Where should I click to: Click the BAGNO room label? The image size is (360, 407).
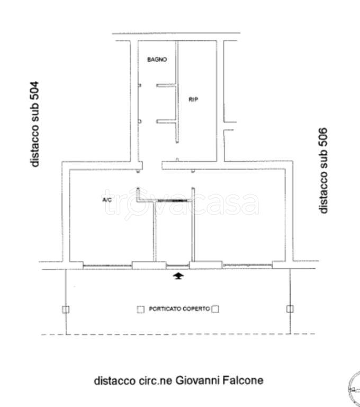[157, 59]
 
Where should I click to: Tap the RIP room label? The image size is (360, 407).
[193, 99]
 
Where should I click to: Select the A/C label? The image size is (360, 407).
[107, 200]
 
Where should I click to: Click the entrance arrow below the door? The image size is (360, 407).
[178, 276]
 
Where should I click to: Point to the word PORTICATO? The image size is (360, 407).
[165, 309]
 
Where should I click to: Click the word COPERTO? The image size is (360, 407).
[196, 309]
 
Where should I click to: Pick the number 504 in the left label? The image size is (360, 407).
[34, 91]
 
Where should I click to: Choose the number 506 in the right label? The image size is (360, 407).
[322, 137]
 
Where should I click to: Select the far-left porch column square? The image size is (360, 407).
[66, 309]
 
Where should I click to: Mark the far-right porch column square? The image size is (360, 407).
[290, 309]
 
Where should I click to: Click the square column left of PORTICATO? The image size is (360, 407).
[141, 309]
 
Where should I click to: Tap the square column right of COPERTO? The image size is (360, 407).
[215, 309]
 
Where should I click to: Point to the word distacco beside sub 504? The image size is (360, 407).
[34, 145]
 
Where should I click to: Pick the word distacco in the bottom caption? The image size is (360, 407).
[115, 381]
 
